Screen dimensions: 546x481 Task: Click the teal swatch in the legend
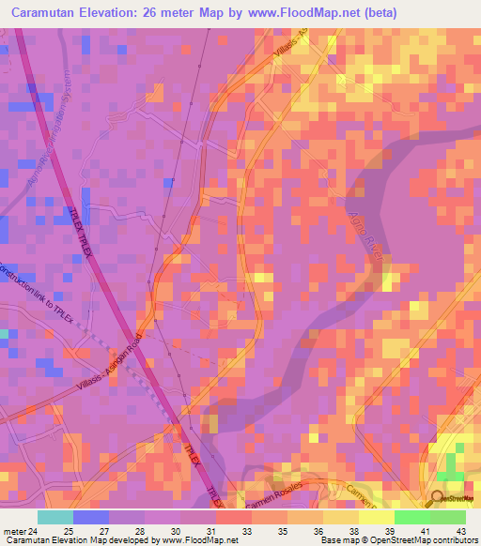55,517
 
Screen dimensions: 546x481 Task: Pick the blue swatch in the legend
91,517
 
